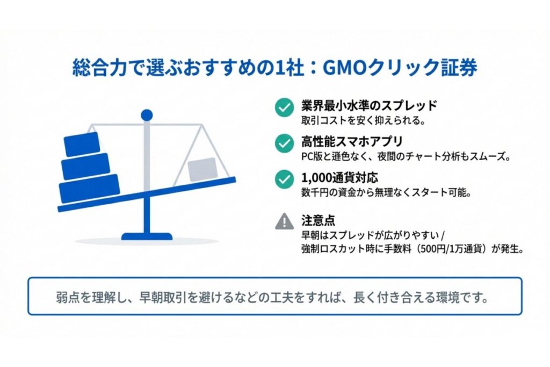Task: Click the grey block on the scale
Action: tap(202, 169)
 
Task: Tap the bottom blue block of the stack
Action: tap(89, 189)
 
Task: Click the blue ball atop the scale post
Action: tap(147, 114)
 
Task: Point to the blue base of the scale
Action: tap(147, 236)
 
